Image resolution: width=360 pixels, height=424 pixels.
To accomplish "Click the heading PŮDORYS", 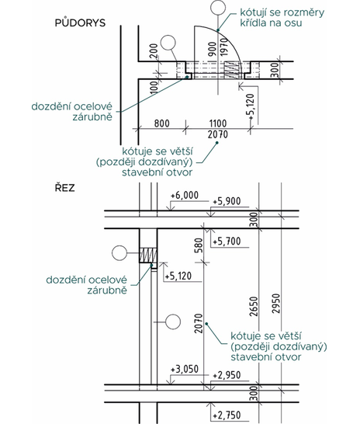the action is pyautogui.click(x=80, y=23).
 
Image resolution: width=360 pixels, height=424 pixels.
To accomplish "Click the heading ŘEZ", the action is pyautogui.click(x=65, y=187).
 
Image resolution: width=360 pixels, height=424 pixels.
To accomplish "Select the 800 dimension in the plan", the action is pyautogui.click(x=162, y=123).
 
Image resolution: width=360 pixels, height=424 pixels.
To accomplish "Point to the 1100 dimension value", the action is pyautogui.click(x=218, y=123).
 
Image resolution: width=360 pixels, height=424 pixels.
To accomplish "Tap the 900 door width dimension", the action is pyautogui.click(x=213, y=49).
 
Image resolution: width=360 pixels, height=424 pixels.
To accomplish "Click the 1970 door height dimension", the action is pyautogui.click(x=224, y=47).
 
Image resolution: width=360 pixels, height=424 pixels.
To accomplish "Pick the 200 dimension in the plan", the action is pyautogui.click(x=153, y=50).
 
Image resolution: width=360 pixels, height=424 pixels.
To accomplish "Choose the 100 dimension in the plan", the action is pyautogui.click(x=153, y=87).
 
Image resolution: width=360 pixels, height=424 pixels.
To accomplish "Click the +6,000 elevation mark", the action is pyautogui.click(x=185, y=195).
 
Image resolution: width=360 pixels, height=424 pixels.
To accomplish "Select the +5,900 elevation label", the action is pyautogui.click(x=227, y=201).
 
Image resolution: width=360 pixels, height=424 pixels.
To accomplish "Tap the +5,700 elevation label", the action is pyautogui.click(x=227, y=241).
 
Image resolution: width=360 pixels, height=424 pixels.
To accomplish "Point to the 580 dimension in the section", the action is pyautogui.click(x=198, y=245).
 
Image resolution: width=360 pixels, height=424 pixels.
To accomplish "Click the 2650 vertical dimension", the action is pyautogui.click(x=254, y=307).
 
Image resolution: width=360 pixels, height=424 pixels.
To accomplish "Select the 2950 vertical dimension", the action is pyautogui.click(x=276, y=304).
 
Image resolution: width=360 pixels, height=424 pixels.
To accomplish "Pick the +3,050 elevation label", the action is pyautogui.click(x=185, y=369).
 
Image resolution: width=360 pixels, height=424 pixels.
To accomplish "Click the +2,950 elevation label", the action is pyautogui.click(x=227, y=375).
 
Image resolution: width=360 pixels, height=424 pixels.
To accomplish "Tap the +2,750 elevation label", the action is pyautogui.click(x=227, y=415).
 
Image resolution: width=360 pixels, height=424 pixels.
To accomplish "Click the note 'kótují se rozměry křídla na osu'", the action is pyautogui.click(x=282, y=17).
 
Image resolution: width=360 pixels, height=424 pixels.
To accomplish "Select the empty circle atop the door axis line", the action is pyautogui.click(x=218, y=7).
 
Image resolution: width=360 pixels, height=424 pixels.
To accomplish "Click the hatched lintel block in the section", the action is pyautogui.click(x=148, y=255).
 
